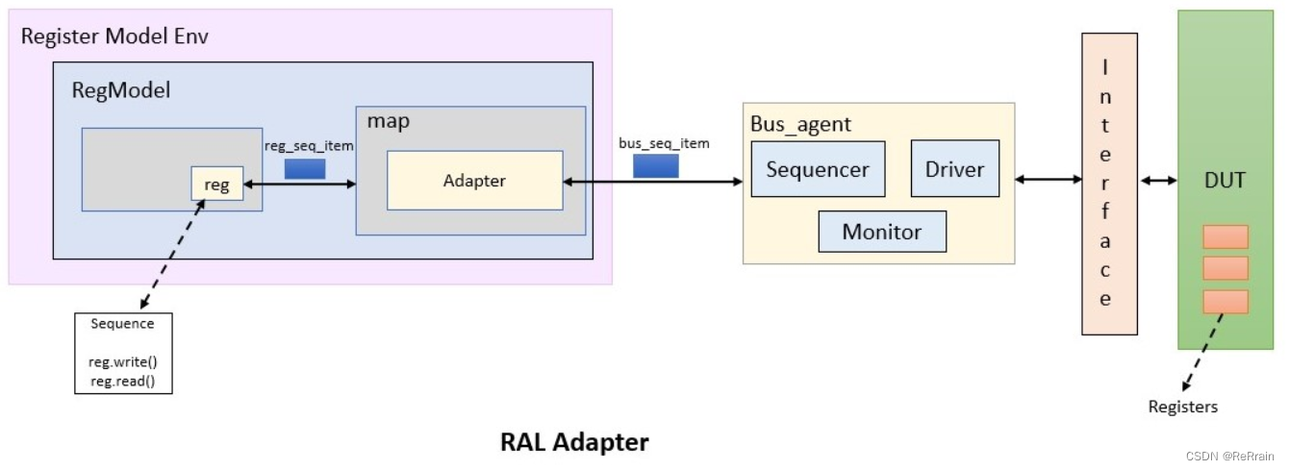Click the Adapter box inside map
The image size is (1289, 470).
[x=474, y=180]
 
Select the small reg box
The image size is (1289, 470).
[x=216, y=184]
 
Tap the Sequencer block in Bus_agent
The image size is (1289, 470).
[x=817, y=169]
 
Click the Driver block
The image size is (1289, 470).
[x=954, y=169]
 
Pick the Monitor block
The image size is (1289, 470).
[x=881, y=232]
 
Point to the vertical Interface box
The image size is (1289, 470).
[x=1109, y=184]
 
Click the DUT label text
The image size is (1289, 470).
[x=1225, y=180]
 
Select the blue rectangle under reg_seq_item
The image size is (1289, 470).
[x=305, y=168]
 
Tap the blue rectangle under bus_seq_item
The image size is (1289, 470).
[x=655, y=166]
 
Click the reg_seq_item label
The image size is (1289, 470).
[x=309, y=145]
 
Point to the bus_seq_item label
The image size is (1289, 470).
[x=664, y=143]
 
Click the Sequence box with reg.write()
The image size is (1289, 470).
[x=123, y=353]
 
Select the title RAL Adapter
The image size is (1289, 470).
[x=574, y=442]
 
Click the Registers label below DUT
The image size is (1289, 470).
[x=1182, y=407]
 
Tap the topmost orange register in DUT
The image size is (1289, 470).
[x=1225, y=236]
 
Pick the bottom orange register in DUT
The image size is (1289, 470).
[x=1225, y=302]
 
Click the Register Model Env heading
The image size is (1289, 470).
[x=114, y=37]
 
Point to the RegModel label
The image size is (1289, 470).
[x=121, y=90]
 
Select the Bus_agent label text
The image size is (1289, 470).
[x=800, y=125]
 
